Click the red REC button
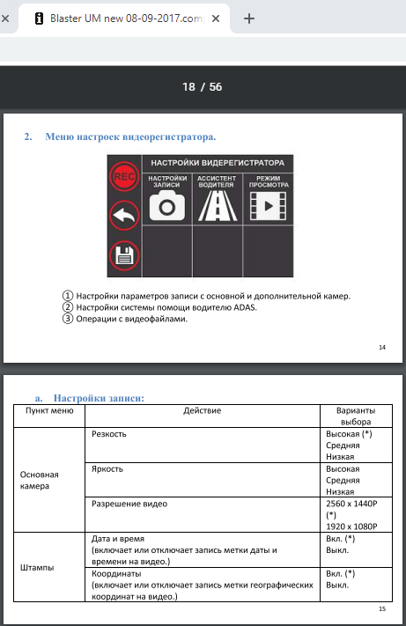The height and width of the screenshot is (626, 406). (x=124, y=176)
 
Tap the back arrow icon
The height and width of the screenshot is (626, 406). (x=124, y=216)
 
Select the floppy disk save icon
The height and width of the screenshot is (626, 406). (x=124, y=255)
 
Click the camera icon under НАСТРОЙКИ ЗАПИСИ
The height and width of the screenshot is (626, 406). (x=167, y=206)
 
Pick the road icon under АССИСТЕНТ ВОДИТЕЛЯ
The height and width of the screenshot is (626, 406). (x=218, y=206)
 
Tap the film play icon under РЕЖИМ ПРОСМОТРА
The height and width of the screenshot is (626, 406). (x=268, y=206)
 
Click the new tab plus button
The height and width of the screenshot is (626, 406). (x=248, y=18)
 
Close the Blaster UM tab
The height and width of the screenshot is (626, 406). (x=216, y=18)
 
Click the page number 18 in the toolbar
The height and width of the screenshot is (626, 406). (x=188, y=86)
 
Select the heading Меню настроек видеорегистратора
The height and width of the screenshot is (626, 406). (x=130, y=136)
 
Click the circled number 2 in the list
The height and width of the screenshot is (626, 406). (x=68, y=307)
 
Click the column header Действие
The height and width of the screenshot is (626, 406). (x=202, y=410)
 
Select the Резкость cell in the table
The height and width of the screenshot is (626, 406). (x=109, y=434)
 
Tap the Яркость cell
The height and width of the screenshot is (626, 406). (x=107, y=468)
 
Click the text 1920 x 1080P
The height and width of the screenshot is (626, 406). (x=351, y=527)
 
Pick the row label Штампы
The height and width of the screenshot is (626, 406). (x=37, y=567)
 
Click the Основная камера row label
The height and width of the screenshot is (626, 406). (x=39, y=480)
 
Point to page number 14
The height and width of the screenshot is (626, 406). (x=382, y=347)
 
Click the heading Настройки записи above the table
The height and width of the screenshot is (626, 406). (x=99, y=398)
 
